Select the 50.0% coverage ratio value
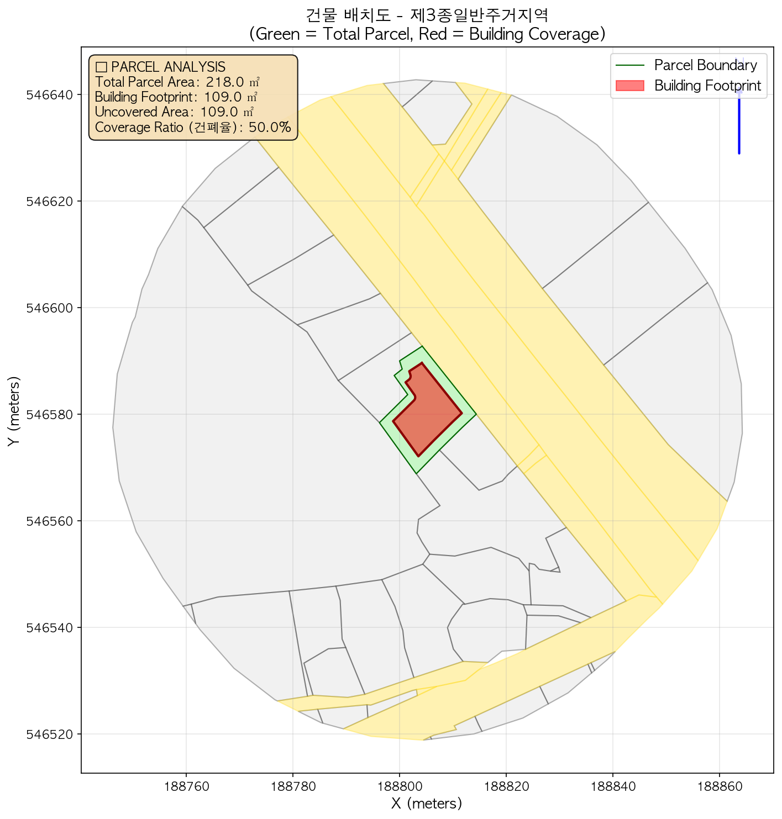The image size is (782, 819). coord(270,128)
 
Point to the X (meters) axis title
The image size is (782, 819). coord(426,803)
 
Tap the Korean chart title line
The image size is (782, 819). coord(427,15)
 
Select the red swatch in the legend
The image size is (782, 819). coord(630,86)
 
